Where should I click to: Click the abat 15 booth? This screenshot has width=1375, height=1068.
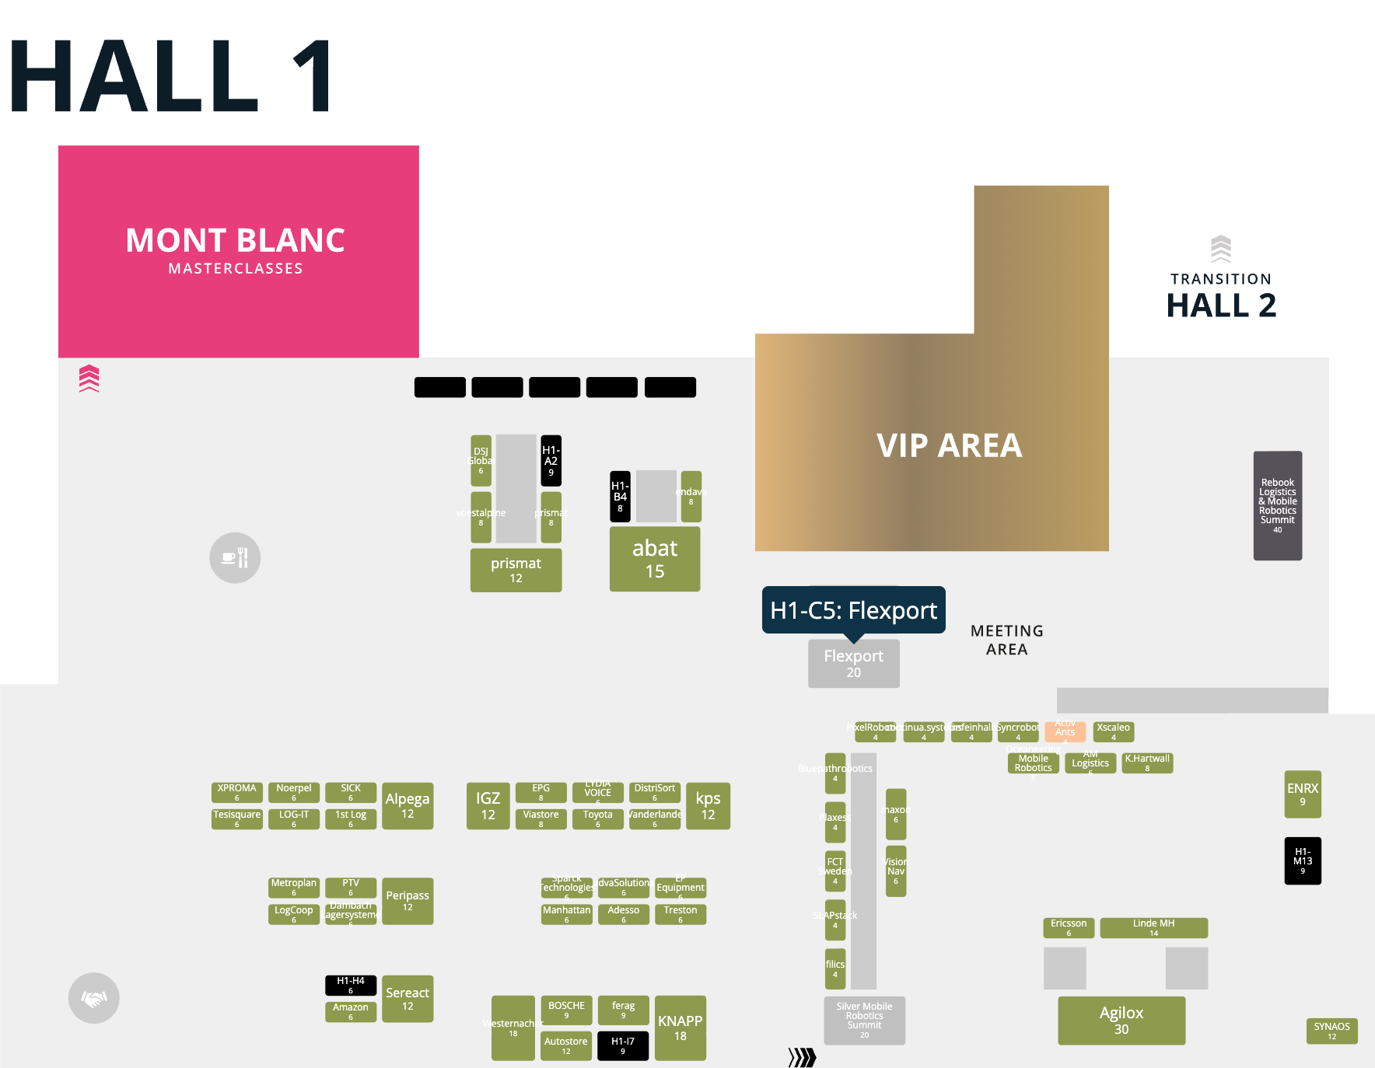[655, 559]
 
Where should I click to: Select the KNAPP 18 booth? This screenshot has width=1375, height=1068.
[681, 1028]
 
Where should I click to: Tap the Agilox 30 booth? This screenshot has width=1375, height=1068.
[1121, 1020]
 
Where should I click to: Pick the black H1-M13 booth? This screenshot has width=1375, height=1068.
[1303, 860]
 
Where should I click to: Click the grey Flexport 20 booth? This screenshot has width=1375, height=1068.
[853, 663]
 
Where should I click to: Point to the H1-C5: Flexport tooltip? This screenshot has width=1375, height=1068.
[853, 610]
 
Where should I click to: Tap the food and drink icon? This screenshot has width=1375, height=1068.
[235, 557]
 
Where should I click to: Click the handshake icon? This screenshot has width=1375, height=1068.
[94, 998]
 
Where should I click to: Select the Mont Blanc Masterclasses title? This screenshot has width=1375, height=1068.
[236, 249]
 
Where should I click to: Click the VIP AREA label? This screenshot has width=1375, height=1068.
[949, 445]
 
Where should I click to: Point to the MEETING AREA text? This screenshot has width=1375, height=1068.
[1006, 640]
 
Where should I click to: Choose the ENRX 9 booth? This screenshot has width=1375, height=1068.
[1303, 794]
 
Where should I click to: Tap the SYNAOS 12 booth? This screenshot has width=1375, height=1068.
[1331, 1031]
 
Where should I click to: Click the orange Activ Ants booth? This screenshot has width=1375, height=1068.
[1065, 731]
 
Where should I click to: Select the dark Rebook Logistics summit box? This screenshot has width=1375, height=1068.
[1277, 505]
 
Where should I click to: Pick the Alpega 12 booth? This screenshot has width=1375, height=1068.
[408, 805]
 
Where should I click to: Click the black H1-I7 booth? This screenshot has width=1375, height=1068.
[623, 1045]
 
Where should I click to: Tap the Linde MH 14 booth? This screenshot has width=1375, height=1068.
[1153, 927]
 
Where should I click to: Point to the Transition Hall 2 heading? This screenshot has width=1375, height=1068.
[1221, 295]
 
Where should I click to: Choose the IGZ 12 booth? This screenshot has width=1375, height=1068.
[488, 805]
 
